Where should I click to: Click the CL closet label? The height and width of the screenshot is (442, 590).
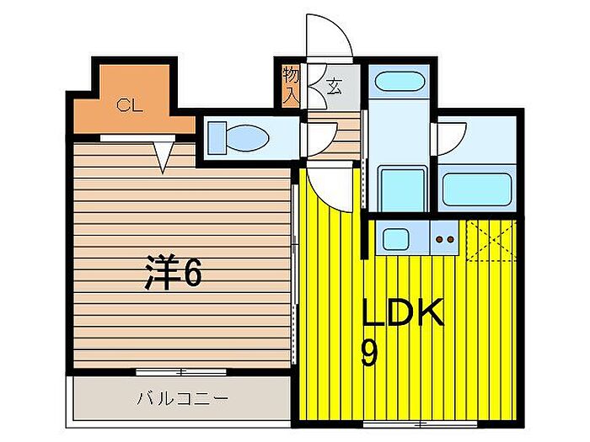pos(129,105)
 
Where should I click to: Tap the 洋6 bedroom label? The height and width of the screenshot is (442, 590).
pos(174,272)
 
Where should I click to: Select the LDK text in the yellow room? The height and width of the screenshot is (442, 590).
pos(403,312)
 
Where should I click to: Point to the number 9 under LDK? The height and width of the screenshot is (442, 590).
pos(369,353)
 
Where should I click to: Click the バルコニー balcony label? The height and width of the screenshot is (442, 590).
pos(182,398)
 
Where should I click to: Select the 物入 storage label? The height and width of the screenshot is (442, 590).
pos(291,85)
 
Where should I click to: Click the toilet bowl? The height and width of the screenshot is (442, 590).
pos(248,137)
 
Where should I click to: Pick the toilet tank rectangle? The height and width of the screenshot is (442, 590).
pos(217,137)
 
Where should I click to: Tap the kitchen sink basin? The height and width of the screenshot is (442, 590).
pos(396,239)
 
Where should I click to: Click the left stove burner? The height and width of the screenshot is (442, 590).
pos(439,239)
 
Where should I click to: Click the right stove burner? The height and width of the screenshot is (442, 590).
pos(450,239)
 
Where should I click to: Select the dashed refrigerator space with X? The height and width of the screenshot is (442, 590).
pos(491,240)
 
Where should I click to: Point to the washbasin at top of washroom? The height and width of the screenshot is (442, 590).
pos(400,81)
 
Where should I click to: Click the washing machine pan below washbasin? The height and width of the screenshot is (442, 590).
pos(403,189)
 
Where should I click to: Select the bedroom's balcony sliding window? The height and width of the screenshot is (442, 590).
pos(181,372)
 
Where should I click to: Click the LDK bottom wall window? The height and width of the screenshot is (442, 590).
pos(420,423)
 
